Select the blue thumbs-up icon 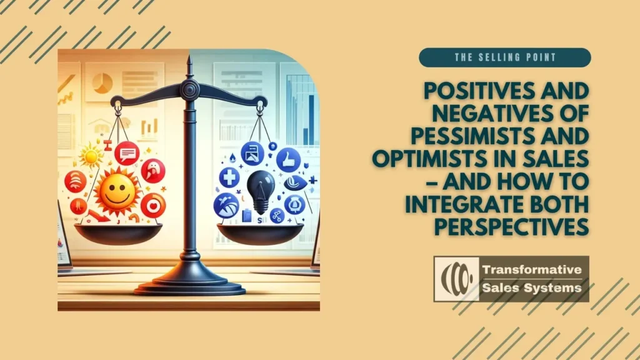(288, 159)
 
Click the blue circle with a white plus (229, 177)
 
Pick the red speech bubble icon (127, 154)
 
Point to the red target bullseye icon (153, 205)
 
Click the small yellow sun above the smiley (91, 157)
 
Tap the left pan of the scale (118, 234)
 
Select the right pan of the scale (260, 234)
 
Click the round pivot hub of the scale (190, 89)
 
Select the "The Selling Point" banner (505, 57)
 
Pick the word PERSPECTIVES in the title (511, 226)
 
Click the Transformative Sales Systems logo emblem (456, 279)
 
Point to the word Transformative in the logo (532, 269)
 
